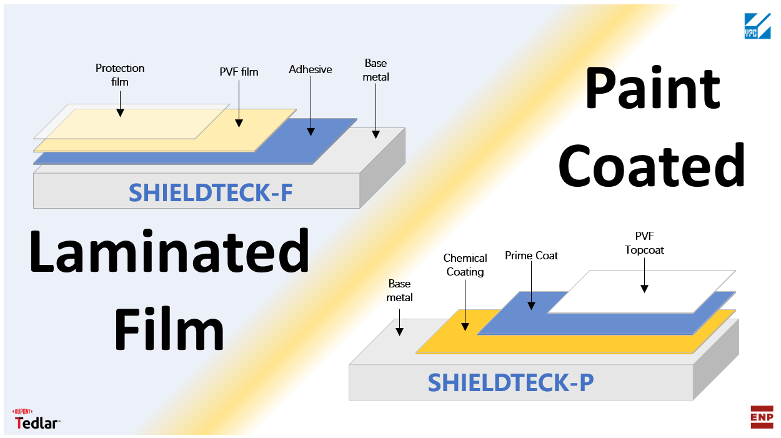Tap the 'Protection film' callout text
point(120,74)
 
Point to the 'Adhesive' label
point(310,69)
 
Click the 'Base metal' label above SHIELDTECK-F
point(376,70)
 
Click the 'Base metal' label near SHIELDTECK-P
point(399,291)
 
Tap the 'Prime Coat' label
point(531,256)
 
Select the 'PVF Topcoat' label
point(644,243)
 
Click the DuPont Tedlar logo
point(37,419)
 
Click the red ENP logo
point(762,417)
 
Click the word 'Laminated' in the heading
point(169,252)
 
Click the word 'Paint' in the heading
point(652,88)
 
